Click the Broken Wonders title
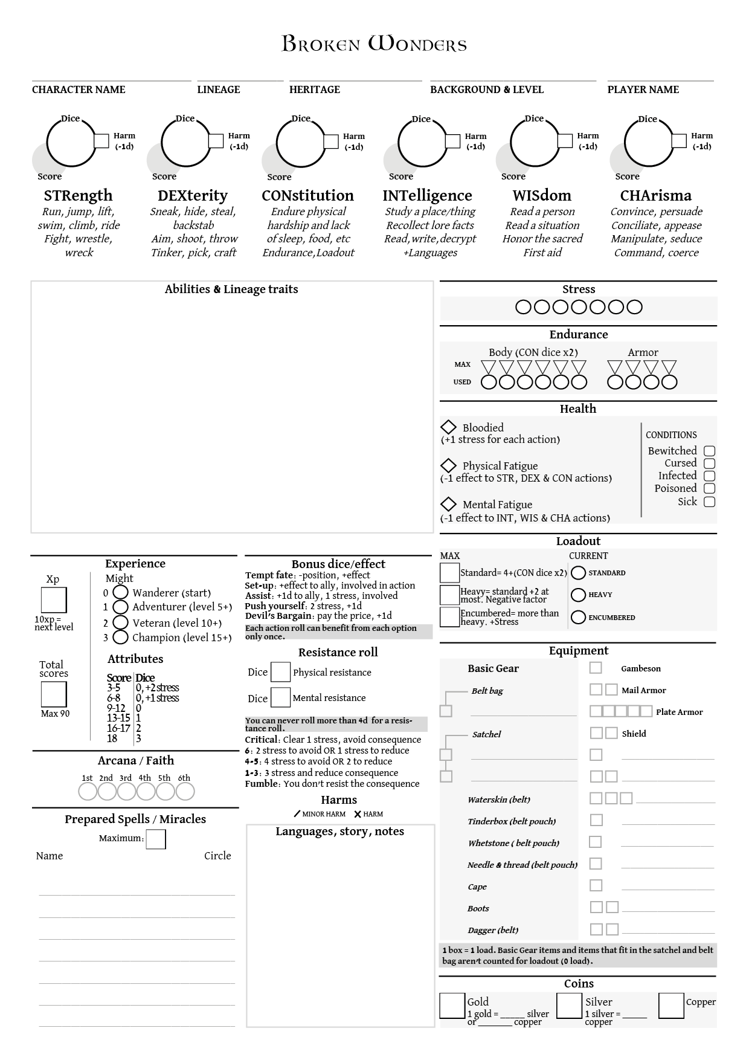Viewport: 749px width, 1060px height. click(374, 45)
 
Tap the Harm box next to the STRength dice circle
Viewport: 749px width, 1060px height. click(101, 141)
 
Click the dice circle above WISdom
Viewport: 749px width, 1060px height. click(534, 143)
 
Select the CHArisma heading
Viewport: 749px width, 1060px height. click(655, 195)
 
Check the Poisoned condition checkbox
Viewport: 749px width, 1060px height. click(710, 488)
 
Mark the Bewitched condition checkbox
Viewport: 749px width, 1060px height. click(710, 451)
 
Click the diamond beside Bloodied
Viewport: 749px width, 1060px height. click(448, 427)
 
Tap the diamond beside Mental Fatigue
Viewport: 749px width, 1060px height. click(448, 504)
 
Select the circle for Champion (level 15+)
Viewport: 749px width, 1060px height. click(121, 637)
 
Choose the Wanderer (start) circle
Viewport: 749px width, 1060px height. click(121, 593)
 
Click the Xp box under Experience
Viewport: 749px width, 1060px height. click(54, 600)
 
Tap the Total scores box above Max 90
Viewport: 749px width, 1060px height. click(54, 694)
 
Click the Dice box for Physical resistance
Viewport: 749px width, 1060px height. click(280, 672)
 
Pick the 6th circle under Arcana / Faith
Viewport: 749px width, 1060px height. click(185, 791)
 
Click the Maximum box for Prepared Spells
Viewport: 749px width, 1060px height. click(156, 839)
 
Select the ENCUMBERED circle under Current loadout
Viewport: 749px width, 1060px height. click(578, 617)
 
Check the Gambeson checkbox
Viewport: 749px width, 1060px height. click(596, 668)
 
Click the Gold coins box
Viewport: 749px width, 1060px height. click(452, 1006)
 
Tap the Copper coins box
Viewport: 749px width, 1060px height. click(670, 1006)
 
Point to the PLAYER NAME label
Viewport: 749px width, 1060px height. click(643, 89)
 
